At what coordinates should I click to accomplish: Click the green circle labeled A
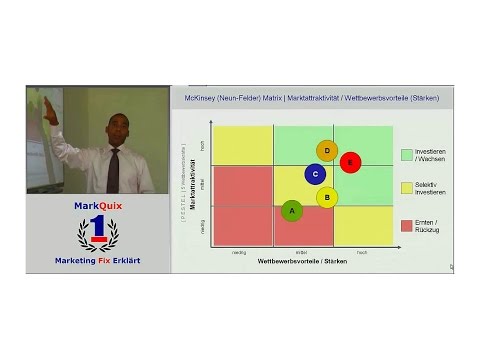[292, 210]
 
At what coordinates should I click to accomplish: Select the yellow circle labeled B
[326, 197]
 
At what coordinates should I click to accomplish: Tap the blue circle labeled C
[315, 174]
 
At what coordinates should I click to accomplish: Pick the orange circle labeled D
[327, 151]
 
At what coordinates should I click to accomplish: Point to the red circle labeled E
[350, 162]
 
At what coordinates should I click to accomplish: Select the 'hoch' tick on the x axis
[362, 251]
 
